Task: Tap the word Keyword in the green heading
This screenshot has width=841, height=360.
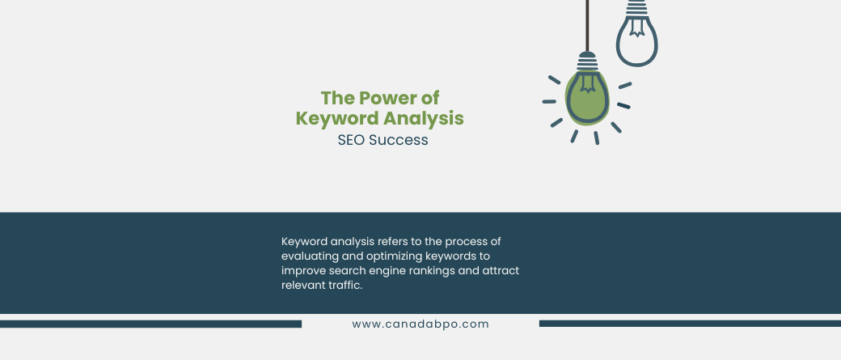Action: (x=328, y=119)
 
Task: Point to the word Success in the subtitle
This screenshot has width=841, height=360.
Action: (x=399, y=140)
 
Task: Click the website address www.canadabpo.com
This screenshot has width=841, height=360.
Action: (x=420, y=324)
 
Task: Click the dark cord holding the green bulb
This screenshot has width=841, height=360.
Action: (x=587, y=26)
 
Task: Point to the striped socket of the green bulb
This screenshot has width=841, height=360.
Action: (x=587, y=61)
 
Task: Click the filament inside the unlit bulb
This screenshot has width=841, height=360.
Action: (x=636, y=27)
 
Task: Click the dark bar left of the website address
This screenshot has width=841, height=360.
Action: (x=150, y=324)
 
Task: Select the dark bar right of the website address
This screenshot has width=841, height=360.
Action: (x=690, y=324)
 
